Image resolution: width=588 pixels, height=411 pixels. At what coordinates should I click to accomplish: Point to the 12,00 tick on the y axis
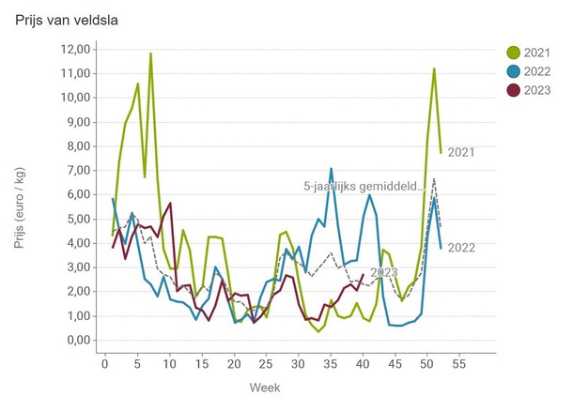click(73, 49)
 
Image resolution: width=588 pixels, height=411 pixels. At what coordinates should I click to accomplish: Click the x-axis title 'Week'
click(264, 387)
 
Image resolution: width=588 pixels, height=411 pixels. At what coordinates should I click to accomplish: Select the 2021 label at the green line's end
click(461, 152)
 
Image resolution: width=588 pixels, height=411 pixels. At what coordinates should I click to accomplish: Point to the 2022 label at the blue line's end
click(461, 248)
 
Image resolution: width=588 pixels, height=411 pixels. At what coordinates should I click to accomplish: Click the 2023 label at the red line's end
click(384, 272)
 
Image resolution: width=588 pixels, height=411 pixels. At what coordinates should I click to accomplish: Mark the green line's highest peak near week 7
click(150, 54)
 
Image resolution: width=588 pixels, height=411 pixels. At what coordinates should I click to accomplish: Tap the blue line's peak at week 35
click(331, 169)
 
